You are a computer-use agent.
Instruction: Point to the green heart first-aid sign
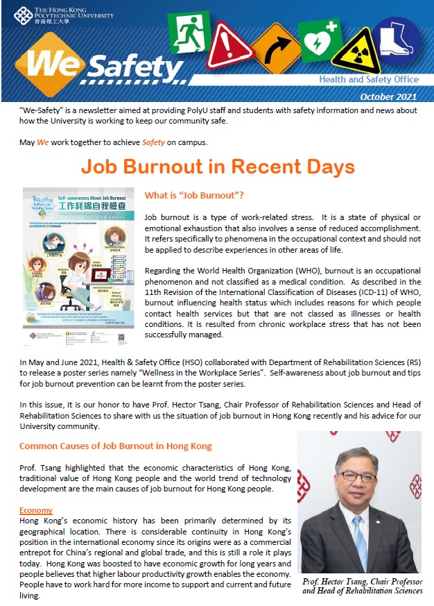[318, 40]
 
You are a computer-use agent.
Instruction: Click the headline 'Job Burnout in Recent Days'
[218, 167]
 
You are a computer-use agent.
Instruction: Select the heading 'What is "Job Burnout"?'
[193, 196]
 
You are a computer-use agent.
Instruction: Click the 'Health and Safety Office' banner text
[369, 79]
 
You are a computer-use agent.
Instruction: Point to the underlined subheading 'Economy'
[36, 510]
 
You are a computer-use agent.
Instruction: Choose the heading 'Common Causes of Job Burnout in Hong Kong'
[116, 446]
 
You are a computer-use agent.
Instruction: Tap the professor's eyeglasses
[357, 478]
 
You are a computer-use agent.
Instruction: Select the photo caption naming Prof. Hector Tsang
[363, 586]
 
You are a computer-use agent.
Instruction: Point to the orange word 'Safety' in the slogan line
[154, 143]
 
